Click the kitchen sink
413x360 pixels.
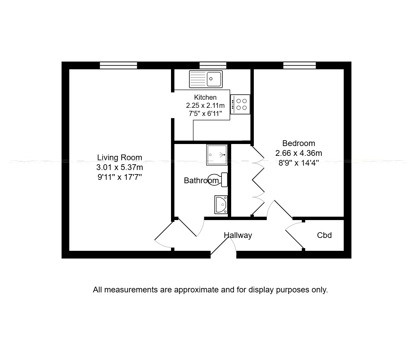coord(206,79)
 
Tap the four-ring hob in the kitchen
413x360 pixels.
coord(240,104)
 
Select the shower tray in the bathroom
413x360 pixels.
coord(217,154)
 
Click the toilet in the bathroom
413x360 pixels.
coord(218,179)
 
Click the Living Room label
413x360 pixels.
coord(120,158)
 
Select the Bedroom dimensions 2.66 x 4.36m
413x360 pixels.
coord(298,153)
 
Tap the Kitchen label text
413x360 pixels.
coord(205,97)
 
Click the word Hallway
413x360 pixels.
coord(238,235)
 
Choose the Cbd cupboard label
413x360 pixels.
coord(324,235)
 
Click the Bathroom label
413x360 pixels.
coord(201,181)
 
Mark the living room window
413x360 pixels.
coord(118,65)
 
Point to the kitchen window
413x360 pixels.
coord(213,65)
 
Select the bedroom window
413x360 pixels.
coord(299,65)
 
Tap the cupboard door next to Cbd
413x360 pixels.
coord(295,239)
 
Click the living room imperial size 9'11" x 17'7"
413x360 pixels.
coord(120,177)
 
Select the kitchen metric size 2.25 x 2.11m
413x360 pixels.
coord(205,105)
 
